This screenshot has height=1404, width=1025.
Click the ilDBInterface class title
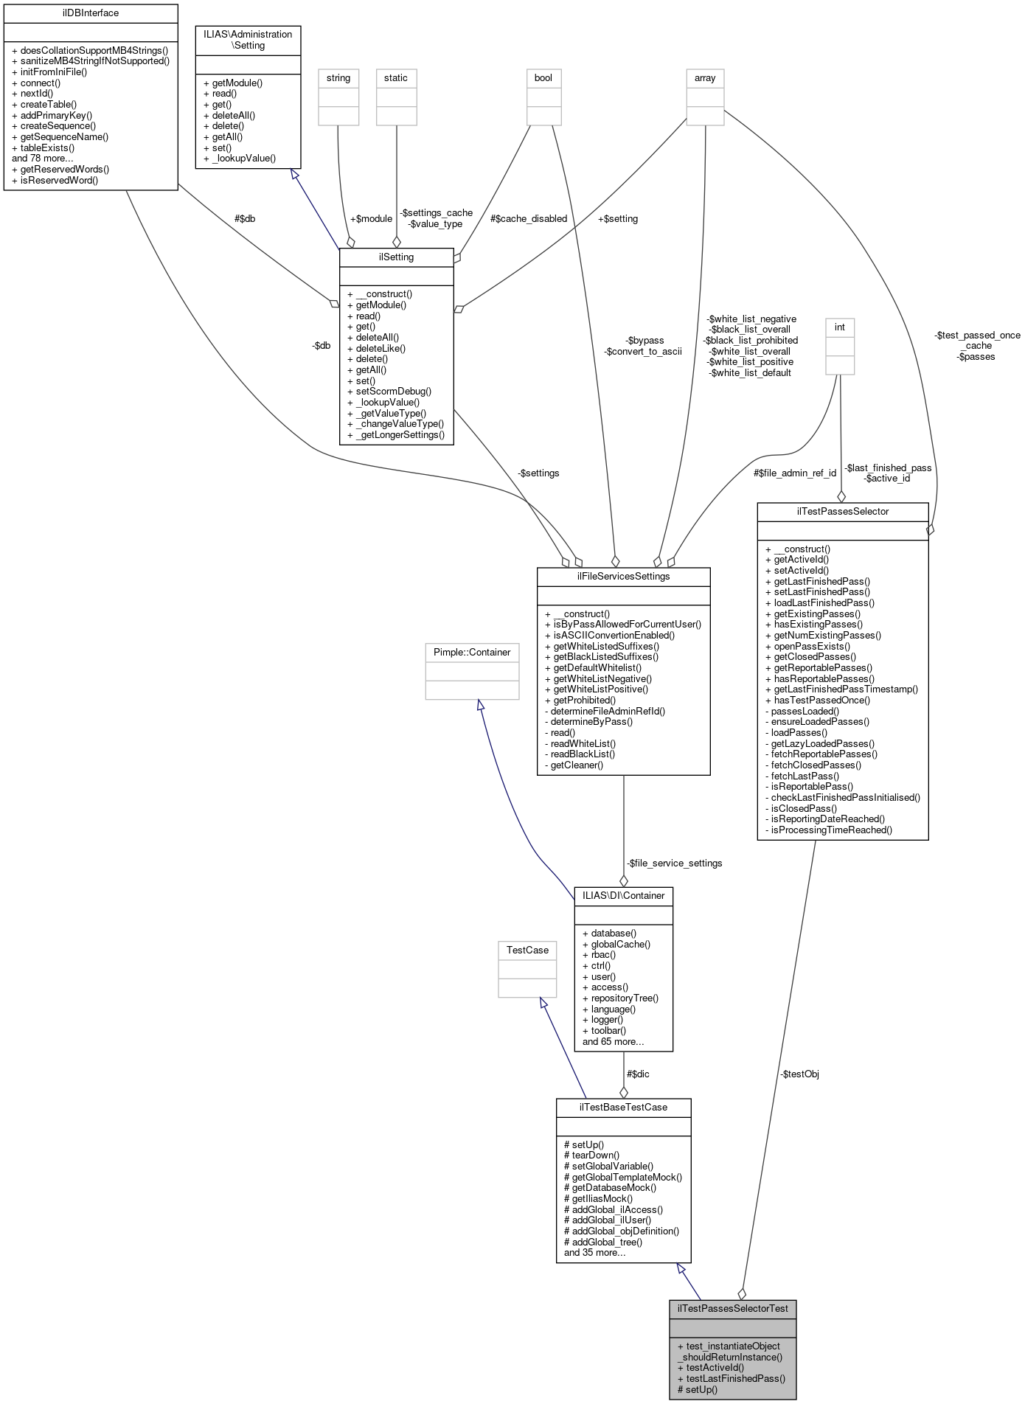(91, 13)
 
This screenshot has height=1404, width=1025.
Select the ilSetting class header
(396, 257)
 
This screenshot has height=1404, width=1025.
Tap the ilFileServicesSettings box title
(623, 576)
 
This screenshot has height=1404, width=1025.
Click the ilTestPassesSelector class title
(842, 511)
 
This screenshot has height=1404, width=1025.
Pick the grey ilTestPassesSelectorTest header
(732, 1308)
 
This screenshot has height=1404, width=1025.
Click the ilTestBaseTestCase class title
(623, 1107)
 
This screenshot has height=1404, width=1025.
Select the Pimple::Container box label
(472, 652)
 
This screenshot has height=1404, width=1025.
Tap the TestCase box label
(527, 950)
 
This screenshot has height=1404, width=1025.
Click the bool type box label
(543, 77)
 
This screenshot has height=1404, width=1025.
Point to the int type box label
(839, 327)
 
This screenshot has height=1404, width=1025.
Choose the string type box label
(338, 77)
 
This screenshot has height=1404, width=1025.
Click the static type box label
(396, 77)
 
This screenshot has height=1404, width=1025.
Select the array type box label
(705, 77)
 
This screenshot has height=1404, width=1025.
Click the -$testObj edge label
(799, 1074)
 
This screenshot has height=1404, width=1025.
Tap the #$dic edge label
(638, 1074)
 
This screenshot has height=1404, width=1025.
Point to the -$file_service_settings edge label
(674, 863)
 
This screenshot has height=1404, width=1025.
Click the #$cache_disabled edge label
(529, 218)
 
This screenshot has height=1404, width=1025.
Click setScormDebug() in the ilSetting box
(393, 392)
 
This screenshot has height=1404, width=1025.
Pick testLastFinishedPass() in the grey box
(735, 1378)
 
